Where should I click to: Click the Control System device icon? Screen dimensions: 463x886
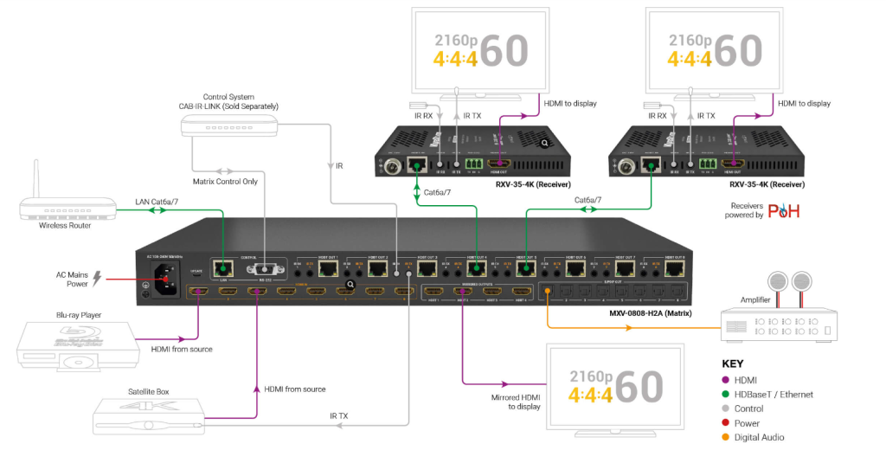[x=229, y=126]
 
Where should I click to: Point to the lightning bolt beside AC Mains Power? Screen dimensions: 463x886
[x=97, y=278]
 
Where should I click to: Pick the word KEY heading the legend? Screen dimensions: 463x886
[x=732, y=363]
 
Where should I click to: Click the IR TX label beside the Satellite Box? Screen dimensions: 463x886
[x=339, y=416]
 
